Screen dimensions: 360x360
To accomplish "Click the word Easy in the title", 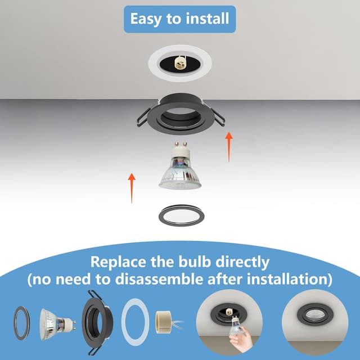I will tap(147, 18).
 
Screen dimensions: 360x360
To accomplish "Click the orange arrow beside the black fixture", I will tap(228, 147).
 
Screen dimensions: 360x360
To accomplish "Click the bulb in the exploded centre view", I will tap(180, 172).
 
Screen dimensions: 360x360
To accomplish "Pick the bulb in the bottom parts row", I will tap(57, 320).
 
